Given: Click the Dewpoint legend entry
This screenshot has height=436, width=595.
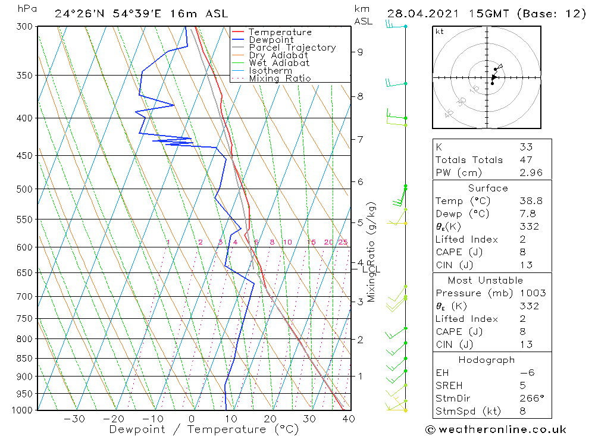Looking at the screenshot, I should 271,40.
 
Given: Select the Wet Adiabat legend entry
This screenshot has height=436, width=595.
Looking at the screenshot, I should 279,63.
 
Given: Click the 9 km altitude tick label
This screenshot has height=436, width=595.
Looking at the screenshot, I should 360,52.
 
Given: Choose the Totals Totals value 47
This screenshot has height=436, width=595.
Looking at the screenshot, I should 527,159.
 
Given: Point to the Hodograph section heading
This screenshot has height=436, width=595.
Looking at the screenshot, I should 487,360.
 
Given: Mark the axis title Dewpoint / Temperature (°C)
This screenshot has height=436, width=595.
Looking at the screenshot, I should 203,429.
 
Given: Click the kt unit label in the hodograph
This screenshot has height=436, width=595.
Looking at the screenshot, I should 439,32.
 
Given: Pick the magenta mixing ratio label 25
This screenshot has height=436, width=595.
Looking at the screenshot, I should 343,242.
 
